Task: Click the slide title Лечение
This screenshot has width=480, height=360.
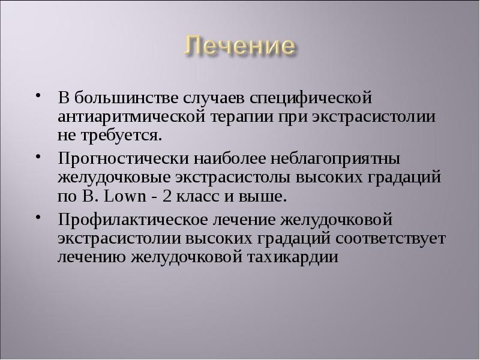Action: click(x=239, y=46)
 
